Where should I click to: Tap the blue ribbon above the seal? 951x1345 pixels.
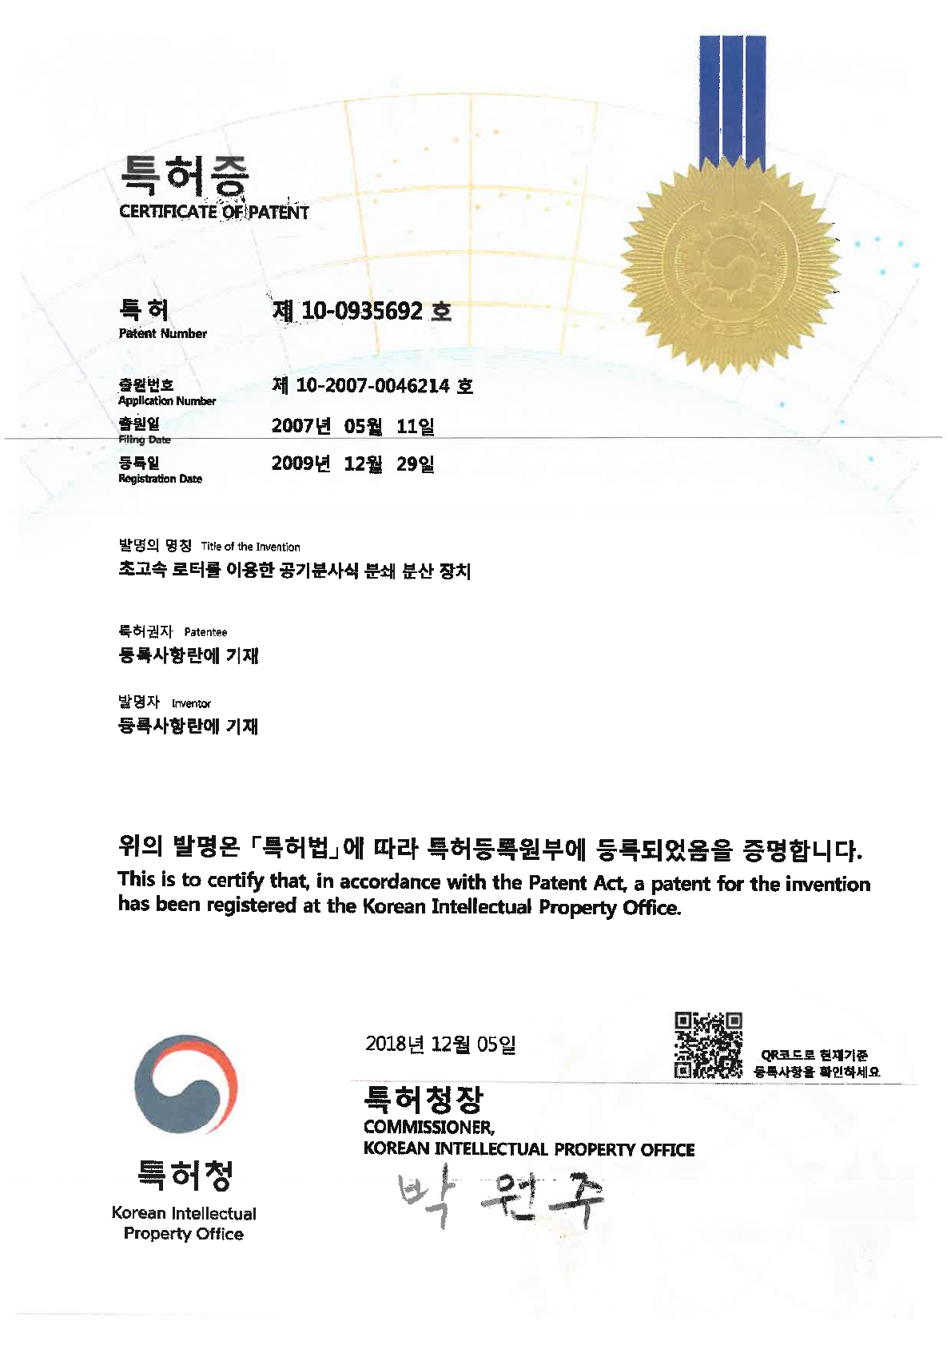pos(732,96)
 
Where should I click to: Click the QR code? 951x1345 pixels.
pos(708,1045)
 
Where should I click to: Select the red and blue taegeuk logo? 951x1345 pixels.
pos(185,1084)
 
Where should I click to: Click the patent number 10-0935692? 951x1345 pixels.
pos(362,311)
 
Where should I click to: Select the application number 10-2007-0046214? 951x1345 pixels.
pos(372,386)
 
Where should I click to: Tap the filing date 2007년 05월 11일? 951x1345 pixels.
pos(352,426)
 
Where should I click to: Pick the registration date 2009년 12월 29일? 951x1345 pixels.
pos(352,464)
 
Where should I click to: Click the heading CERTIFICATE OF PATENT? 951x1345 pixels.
pos(213,213)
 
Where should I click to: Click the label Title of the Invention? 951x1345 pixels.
pos(250,547)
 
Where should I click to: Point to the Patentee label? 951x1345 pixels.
pos(205,632)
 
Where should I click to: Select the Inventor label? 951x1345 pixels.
pos(191,704)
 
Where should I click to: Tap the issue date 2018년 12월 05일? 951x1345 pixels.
pos(440,1044)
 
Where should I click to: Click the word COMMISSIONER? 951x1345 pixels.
pos(428,1128)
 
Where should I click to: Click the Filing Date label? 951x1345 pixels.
pos(144,440)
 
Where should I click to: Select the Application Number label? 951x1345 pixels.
pos(166,401)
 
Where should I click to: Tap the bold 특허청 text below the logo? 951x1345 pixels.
pos(185,1175)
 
